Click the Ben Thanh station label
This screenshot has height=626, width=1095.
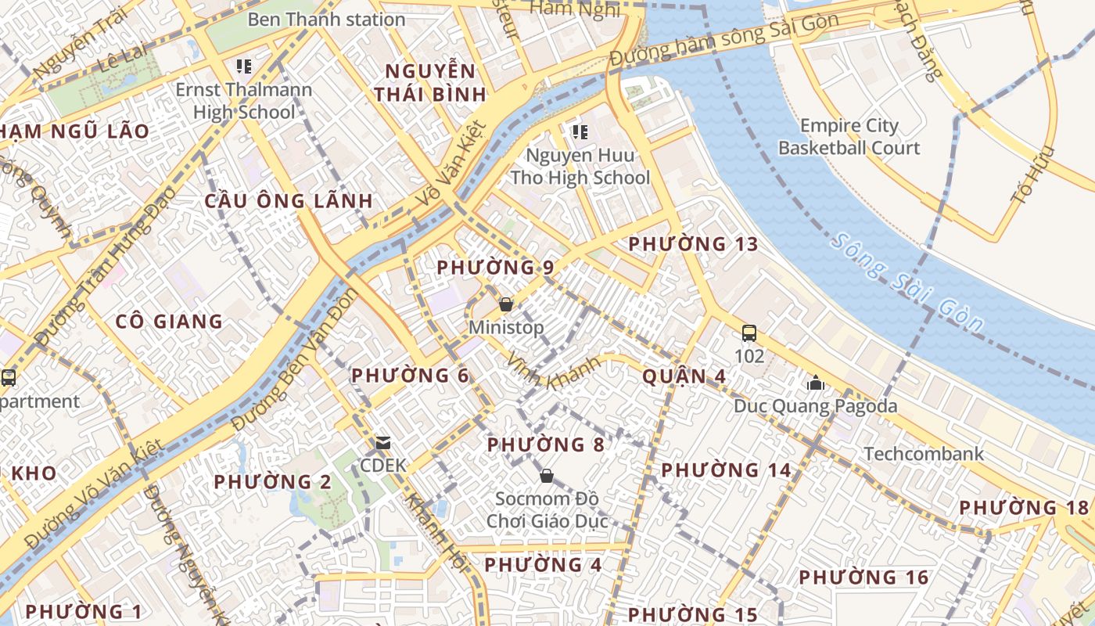[x=326, y=20]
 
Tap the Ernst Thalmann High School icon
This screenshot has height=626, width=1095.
[x=243, y=67]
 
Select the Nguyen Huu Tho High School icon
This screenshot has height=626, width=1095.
[x=580, y=132]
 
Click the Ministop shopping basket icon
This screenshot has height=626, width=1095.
[x=506, y=304]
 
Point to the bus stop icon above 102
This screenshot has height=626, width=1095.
[x=749, y=333]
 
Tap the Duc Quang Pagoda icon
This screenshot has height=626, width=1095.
[x=816, y=383]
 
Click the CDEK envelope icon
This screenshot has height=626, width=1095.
[x=382, y=443]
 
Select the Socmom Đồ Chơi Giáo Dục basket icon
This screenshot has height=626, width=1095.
[x=547, y=476]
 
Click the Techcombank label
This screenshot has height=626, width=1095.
[x=924, y=454]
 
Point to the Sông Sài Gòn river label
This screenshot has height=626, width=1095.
[x=907, y=282]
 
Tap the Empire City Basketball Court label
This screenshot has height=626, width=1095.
[x=849, y=137]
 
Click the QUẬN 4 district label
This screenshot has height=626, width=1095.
[x=684, y=376]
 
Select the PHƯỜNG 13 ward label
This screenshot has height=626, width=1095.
[x=693, y=244]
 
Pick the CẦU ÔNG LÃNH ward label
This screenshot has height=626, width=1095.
[x=289, y=200]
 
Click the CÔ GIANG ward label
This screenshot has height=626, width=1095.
[x=169, y=321]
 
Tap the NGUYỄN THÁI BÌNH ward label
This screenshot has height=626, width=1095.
[x=429, y=83]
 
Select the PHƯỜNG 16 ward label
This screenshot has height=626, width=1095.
[x=863, y=577]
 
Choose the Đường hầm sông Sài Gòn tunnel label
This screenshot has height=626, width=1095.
[x=723, y=41]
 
